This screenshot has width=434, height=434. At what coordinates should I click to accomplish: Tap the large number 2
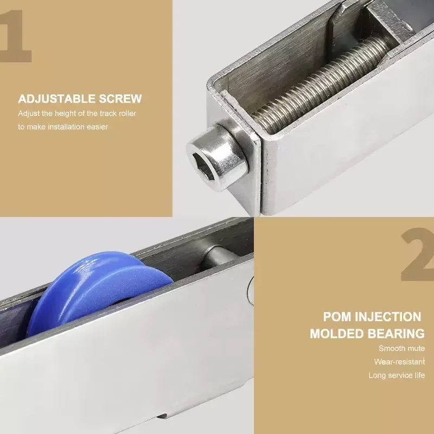417,255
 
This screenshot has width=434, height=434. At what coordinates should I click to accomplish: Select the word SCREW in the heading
122,99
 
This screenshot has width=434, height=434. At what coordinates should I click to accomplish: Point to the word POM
337,316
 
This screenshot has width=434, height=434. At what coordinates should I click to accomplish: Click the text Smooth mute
401,348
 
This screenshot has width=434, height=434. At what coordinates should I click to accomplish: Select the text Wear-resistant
399,361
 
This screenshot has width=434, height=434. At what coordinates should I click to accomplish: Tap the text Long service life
397,375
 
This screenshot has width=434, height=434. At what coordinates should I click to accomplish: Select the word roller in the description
126,113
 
